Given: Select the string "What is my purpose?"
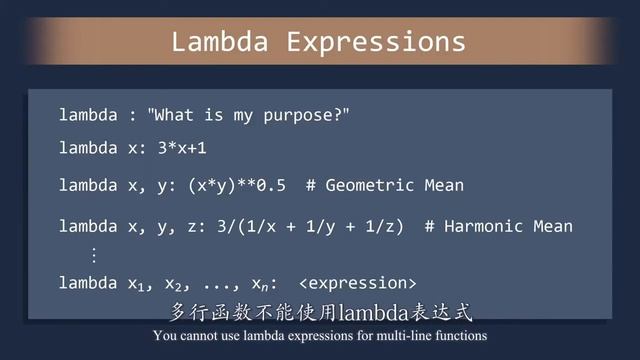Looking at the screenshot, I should [x=250, y=115].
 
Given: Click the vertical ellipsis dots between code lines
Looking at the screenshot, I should [x=95, y=254].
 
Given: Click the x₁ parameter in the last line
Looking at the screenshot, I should [x=137, y=284].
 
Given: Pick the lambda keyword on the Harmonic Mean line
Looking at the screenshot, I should [x=88, y=226].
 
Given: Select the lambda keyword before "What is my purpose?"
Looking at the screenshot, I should [x=88, y=115].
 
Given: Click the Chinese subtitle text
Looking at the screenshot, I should [x=320, y=309].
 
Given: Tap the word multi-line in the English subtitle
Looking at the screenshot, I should [x=408, y=336].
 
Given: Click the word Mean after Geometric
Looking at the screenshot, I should [x=442, y=185].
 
